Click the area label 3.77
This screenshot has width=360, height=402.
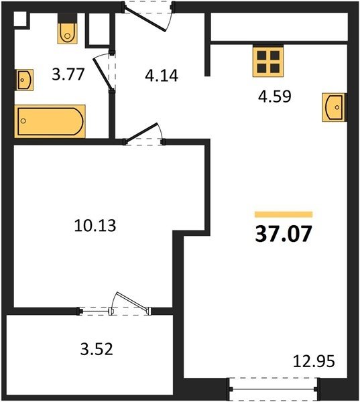(x=68, y=74)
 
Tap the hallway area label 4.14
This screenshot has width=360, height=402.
(x=162, y=76)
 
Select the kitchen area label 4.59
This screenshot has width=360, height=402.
(x=275, y=96)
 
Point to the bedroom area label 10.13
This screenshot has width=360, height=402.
(x=95, y=226)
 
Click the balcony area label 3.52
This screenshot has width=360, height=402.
(x=97, y=349)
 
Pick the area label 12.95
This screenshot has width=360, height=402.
(x=314, y=361)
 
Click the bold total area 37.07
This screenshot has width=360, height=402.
(x=284, y=234)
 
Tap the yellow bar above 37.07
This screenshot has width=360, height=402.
(x=284, y=214)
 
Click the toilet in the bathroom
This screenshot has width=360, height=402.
(x=67, y=29)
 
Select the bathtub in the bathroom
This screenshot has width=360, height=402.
(x=50, y=121)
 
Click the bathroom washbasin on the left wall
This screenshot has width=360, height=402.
(x=25, y=80)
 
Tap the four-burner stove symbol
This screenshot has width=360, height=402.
(x=268, y=61)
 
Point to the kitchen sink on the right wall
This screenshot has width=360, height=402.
(x=334, y=107)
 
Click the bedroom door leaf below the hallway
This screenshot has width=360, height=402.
(x=141, y=132)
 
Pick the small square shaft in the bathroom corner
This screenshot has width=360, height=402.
(x=20, y=19)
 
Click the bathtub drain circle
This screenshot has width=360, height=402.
(x=23, y=121)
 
